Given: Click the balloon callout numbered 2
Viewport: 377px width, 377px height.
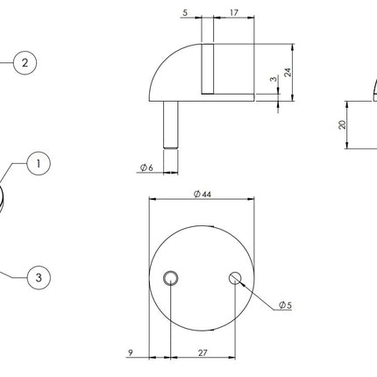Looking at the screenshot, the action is (25, 63).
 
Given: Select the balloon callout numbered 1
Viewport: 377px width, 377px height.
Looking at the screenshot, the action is (39, 164).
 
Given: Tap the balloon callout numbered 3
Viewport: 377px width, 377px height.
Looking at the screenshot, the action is (39, 278).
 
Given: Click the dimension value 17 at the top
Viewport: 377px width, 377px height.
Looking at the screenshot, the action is (234, 13).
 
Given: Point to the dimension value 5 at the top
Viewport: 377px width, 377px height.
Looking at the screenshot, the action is (185, 13).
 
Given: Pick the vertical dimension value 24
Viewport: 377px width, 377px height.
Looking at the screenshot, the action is (288, 72).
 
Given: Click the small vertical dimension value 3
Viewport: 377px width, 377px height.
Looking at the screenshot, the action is (274, 79).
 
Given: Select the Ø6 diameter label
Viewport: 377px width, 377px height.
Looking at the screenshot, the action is (146, 167).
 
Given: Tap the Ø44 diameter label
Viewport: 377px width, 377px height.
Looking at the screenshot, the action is (203, 194).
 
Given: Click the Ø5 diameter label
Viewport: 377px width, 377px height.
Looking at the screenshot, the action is (285, 305).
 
